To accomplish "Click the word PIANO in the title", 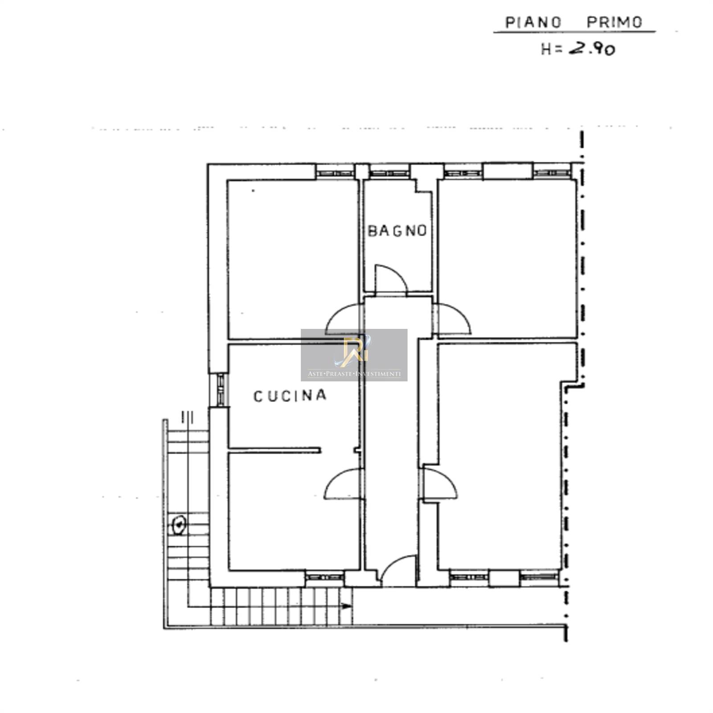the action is (x=533, y=22).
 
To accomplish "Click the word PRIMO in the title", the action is (x=615, y=22).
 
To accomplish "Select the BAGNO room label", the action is (x=397, y=230).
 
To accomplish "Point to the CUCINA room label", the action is (x=290, y=396).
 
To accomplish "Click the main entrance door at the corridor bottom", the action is (x=398, y=571).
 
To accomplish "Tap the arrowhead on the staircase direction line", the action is (x=346, y=606).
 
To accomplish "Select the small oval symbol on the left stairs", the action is (x=179, y=525).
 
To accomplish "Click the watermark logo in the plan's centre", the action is (x=354, y=355).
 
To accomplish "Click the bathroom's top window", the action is (x=389, y=172).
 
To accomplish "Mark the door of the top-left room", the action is (x=343, y=319).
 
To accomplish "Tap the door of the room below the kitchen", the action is (x=342, y=484).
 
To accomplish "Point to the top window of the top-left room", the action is (x=335, y=172).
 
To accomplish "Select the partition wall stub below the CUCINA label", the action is (x=275, y=450).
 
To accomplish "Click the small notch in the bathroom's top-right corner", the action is (x=423, y=186).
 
